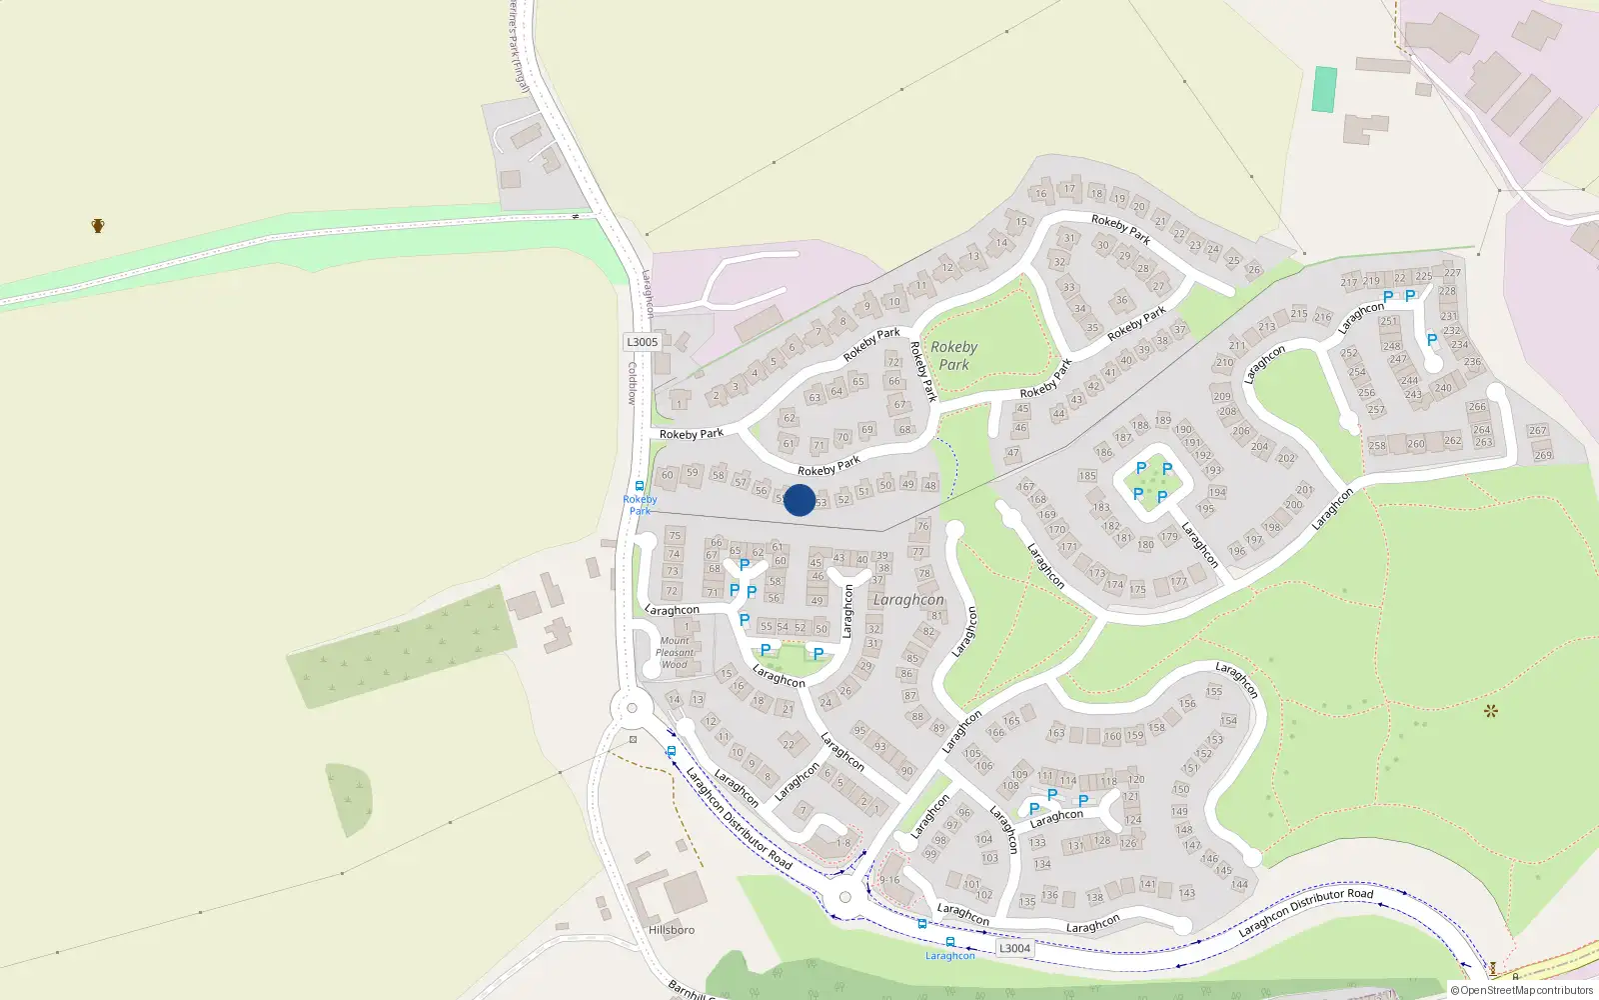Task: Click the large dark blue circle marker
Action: [799, 500]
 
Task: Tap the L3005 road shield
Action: [643, 342]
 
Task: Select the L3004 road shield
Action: [1014, 948]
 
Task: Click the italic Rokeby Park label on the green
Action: [953, 356]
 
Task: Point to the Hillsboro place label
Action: [672, 930]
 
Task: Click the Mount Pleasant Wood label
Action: [675, 652]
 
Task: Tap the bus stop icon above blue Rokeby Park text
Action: [640, 486]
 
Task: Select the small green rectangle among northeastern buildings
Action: [1324, 89]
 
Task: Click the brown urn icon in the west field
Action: [98, 226]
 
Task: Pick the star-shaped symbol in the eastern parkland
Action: [1491, 711]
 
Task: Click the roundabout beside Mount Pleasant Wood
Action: [631, 710]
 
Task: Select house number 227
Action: [1452, 272]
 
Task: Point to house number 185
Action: [1087, 476]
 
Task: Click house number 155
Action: [1214, 691]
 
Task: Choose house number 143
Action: [1186, 893]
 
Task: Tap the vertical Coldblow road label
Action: [632, 383]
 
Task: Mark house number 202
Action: [1286, 458]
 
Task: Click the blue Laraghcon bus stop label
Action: [949, 956]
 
